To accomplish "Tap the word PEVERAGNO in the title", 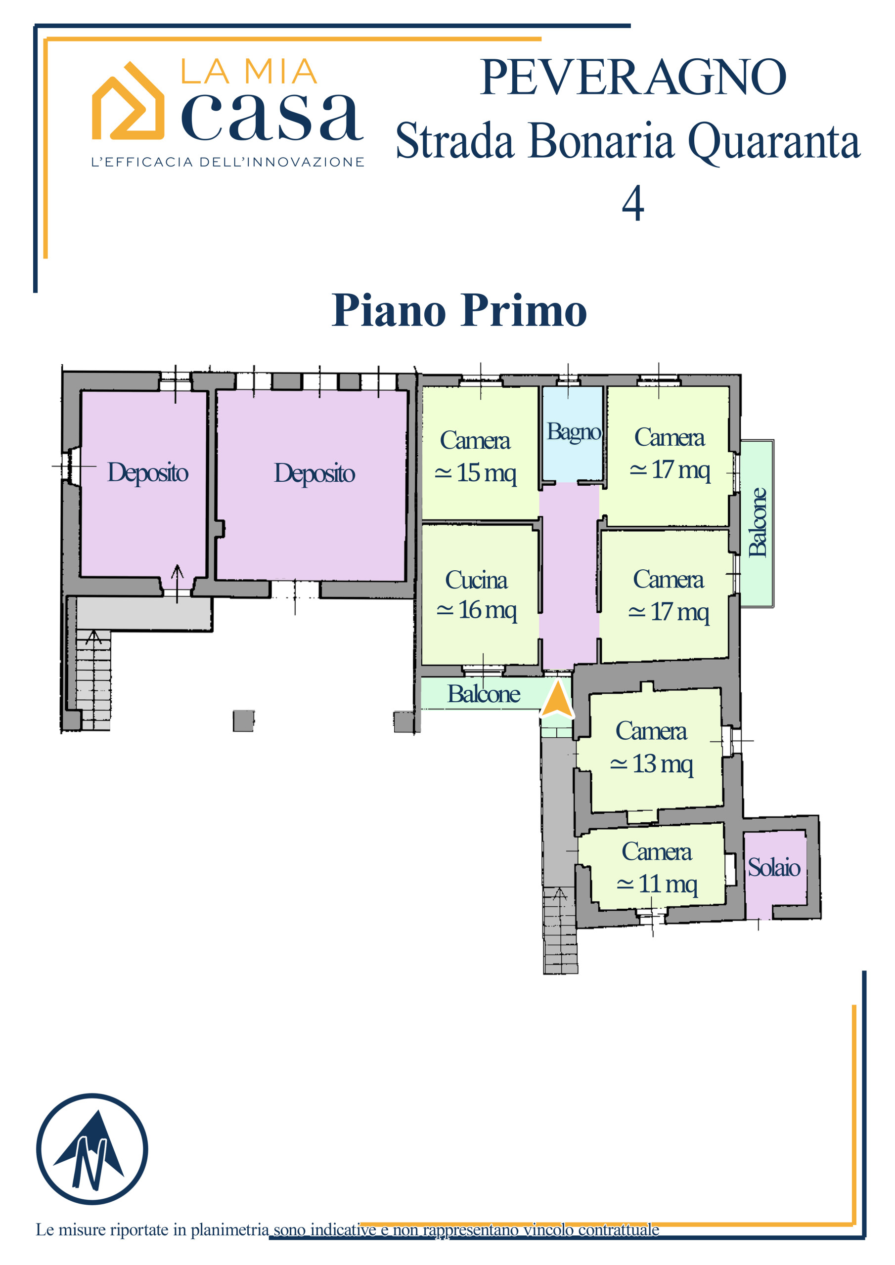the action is (x=633, y=77).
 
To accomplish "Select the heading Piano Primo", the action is (x=459, y=310).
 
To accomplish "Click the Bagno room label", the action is (x=574, y=432).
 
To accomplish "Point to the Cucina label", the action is (x=477, y=580).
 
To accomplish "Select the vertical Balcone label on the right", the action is (x=758, y=522).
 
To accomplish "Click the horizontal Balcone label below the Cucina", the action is (x=484, y=694).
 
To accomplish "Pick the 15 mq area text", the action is (x=476, y=473).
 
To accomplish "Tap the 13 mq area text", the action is (x=651, y=764).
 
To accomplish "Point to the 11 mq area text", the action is (x=657, y=885).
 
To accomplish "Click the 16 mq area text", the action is (x=477, y=610).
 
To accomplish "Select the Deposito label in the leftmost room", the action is (x=148, y=473).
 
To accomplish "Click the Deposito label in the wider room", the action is (x=314, y=474).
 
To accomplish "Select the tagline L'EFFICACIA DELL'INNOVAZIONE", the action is (x=228, y=162).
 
